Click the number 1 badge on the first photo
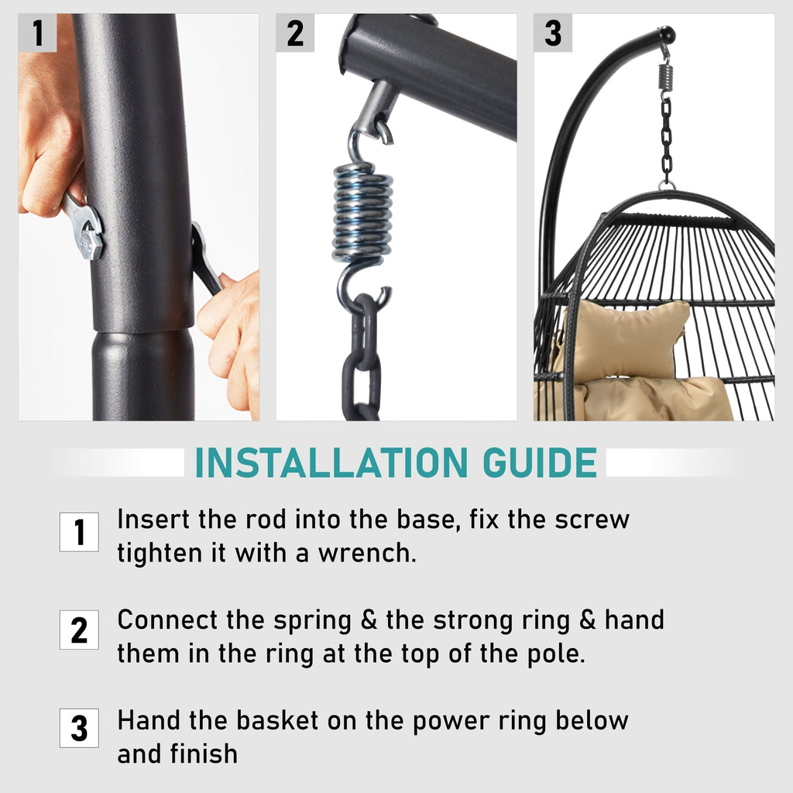[x=37, y=33]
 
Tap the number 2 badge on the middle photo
[x=295, y=33]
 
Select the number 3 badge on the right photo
[x=553, y=33]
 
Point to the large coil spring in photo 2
[x=362, y=211]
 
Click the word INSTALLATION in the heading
[x=331, y=463]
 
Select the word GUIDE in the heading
[x=540, y=463]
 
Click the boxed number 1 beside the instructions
[x=80, y=532]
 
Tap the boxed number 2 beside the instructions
[x=80, y=630]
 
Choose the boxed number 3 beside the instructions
[x=80, y=728]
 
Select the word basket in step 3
[x=277, y=720]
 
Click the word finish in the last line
[x=204, y=754]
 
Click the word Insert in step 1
[x=154, y=520]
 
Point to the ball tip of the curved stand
[x=667, y=34]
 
